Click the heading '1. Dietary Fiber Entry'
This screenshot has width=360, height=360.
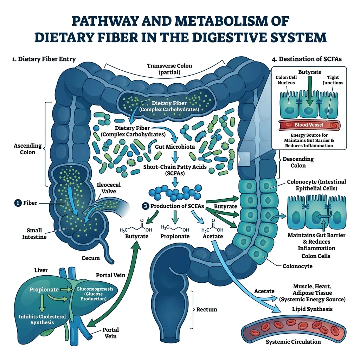43,59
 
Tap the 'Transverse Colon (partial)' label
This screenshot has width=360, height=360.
170,69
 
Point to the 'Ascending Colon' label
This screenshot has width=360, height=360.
27,149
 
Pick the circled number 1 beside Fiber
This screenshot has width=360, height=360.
17,203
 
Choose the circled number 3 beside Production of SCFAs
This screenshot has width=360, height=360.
146,206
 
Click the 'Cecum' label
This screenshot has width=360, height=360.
91,258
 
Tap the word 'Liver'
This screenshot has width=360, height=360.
41,270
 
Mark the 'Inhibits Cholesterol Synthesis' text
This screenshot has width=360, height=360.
42,320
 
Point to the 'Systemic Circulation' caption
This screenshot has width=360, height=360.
293,342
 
